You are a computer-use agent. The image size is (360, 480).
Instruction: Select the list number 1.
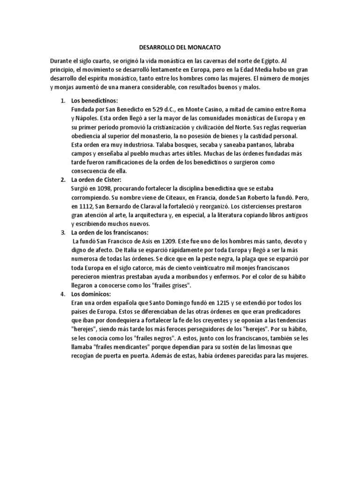pyautogui.click(x=63, y=100)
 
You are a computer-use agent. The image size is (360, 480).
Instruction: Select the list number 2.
pyautogui.click(x=63, y=180)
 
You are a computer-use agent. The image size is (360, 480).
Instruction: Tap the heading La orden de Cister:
pyautogui.click(x=96, y=180)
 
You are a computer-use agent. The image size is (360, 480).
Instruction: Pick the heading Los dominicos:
pyautogui.click(x=90, y=294)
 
